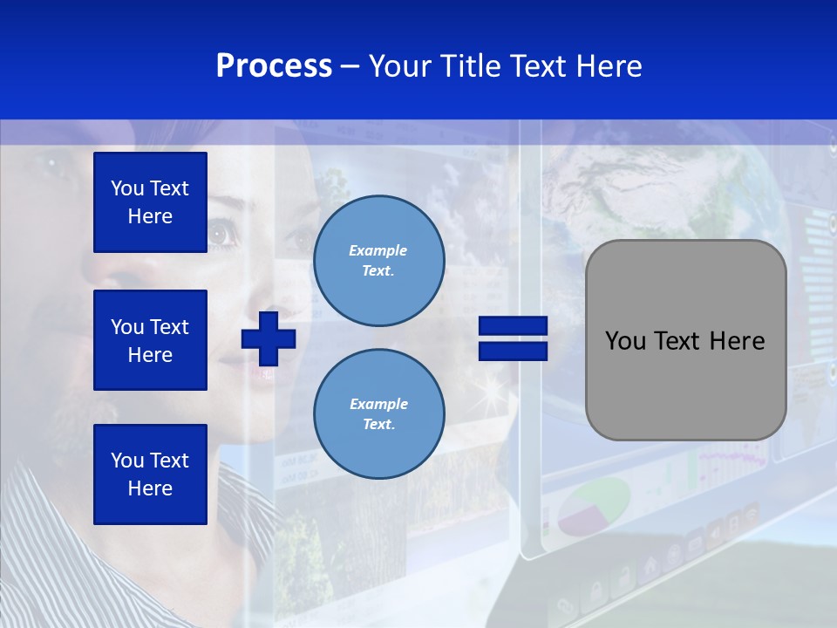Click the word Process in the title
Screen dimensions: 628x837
coord(274,66)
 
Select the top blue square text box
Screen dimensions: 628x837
coord(150,202)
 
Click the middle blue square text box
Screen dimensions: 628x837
coord(150,340)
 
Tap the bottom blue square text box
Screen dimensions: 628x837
coord(150,474)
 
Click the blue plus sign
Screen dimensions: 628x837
coord(268,338)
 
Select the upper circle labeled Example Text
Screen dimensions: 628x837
coord(378,261)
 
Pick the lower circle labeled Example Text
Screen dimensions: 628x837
coord(378,413)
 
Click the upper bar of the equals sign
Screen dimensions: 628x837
coord(513,326)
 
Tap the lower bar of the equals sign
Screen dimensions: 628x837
coord(513,351)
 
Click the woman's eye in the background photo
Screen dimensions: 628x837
coord(221,233)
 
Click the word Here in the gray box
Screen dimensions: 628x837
coord(738,341)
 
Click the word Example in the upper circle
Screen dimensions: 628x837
coord(378,250)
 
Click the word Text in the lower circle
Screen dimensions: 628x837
coord(378,424)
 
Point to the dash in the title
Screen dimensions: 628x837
coord(350,66)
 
